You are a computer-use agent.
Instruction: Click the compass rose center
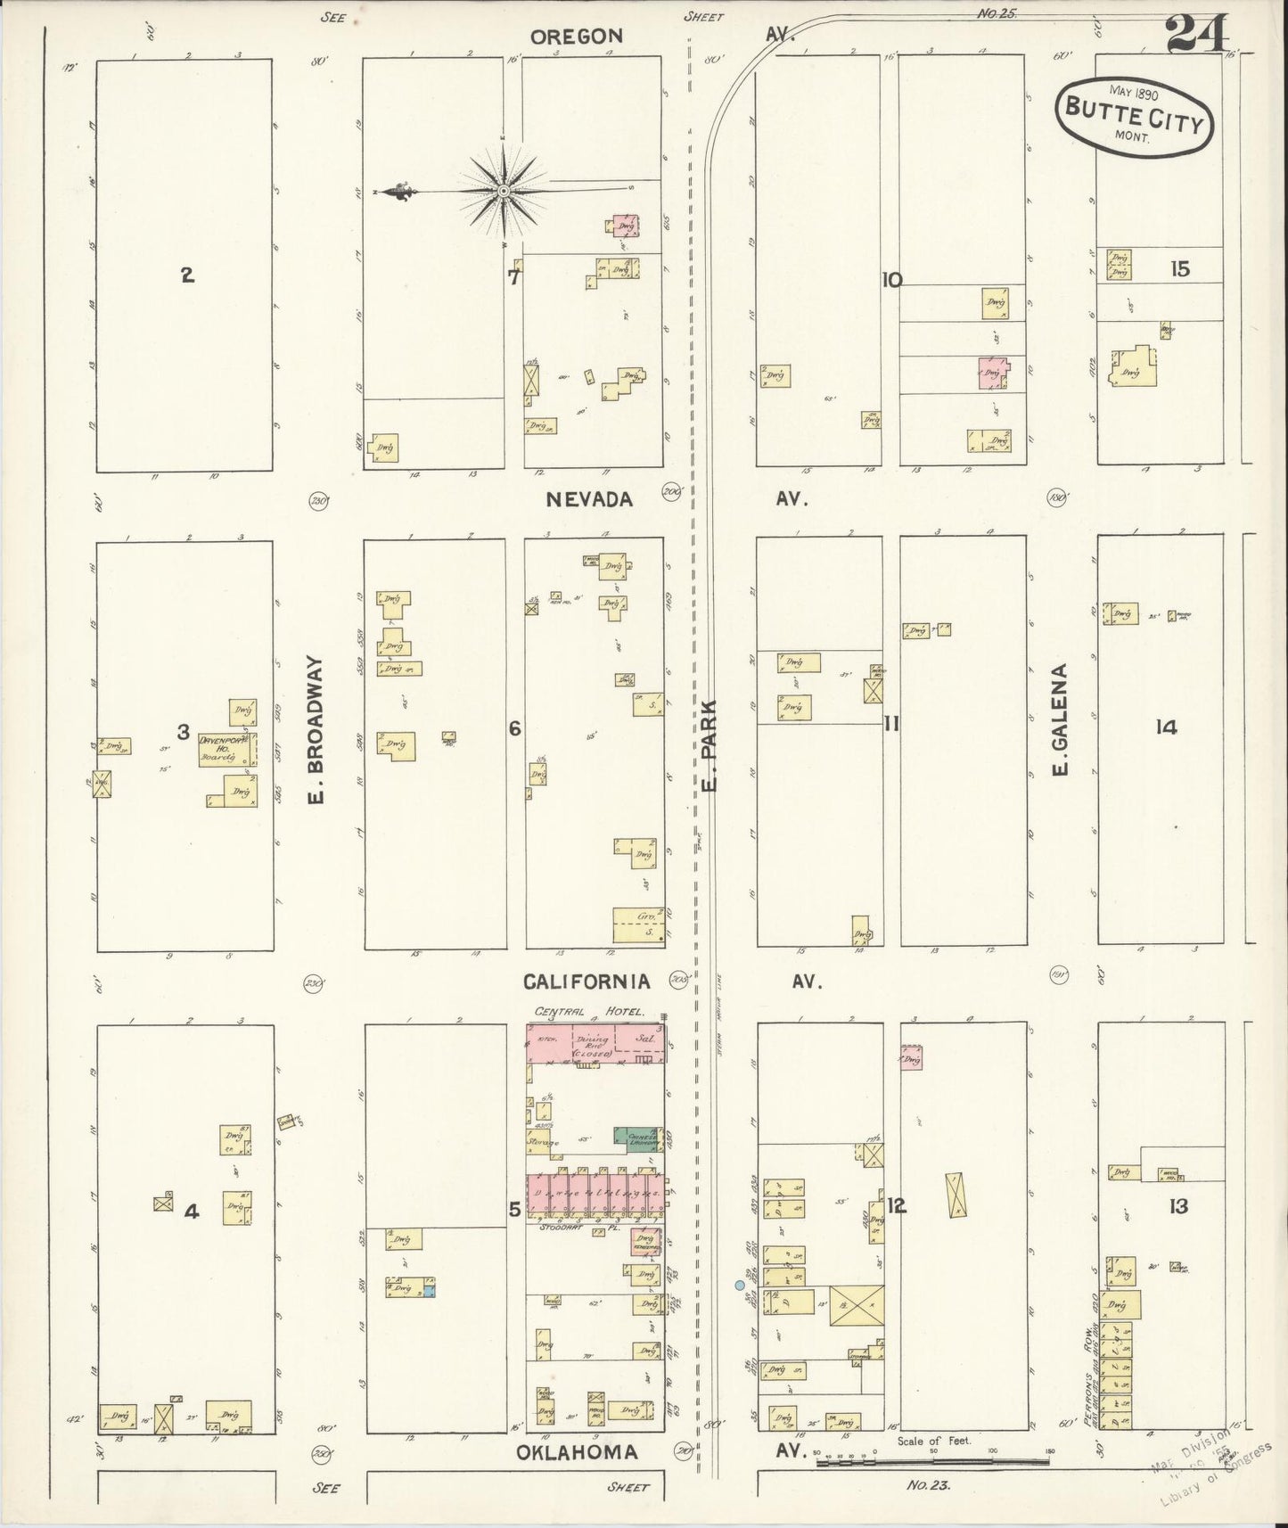click(x=504, y=190)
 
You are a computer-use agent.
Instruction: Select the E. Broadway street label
click(x=317, y=730)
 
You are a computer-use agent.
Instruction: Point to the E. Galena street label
click(x=1060, y=719)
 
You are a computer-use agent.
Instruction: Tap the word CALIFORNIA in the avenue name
click(x=586, y=982)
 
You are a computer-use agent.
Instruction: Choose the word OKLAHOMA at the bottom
click(x=577, y=1452)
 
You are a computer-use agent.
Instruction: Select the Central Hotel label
click(x=602, y=1012)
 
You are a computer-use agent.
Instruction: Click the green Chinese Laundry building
click(x=637, y=1138)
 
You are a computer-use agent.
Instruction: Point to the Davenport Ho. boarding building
click(x=227, y=749)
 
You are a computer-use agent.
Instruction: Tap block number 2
click(x=187, y=275)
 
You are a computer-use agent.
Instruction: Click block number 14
click(x=1165, y=727)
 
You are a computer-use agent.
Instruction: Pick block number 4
click(x=191, y=1212)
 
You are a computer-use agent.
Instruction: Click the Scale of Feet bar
click(x=931, y=1462)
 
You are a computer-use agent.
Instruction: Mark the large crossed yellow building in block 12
click(x=857, y=1305)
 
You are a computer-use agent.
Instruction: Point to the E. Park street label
click(x=710, y=758)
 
